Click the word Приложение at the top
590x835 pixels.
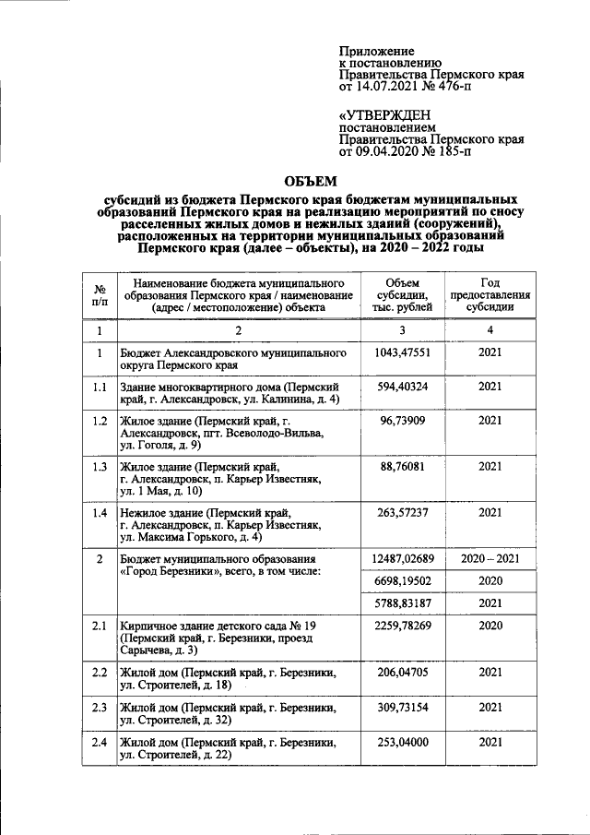[x=376, y=50]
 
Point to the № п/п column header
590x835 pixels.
[x=99, y=294]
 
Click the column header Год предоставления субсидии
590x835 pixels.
[x=490, y=294]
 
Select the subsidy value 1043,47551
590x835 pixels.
[x=402, y=352]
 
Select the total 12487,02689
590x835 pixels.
[x=402, y=559]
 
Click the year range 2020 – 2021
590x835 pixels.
[x=490, y=559]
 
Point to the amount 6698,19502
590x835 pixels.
[x=402, y=581]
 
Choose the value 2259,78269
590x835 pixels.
[x=402, y=626]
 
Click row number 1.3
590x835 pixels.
[x=99, y=466]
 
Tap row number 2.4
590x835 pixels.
[x=99, y=742]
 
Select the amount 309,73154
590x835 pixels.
[x=402, y=707]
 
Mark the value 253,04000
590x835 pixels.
[x=402, y=742]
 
